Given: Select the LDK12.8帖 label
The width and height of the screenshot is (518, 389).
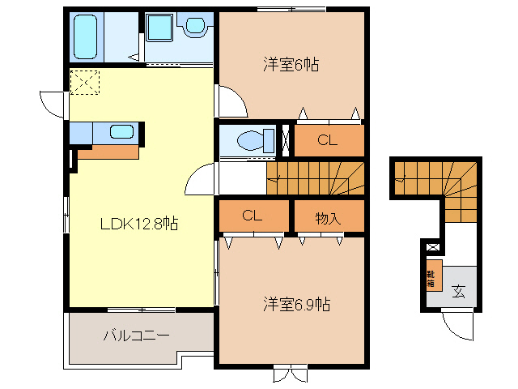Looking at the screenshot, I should (x=139, y=224).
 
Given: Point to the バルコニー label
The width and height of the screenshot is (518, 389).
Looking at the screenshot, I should (x=136, y=335).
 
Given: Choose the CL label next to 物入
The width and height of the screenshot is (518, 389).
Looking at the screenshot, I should (x=253, y=216).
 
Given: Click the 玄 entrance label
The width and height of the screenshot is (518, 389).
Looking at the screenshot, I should (x=459, y=290).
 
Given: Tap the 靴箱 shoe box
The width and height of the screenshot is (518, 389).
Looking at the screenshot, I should (x=431, y=278).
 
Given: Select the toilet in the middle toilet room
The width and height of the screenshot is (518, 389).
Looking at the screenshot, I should (x=257, y=139).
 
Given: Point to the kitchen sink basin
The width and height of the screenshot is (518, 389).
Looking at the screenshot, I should (x=121, y=132).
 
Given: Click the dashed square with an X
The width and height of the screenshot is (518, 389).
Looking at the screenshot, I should (x=83, y=82).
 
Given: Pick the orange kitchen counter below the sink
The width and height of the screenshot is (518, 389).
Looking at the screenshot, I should (x=108, y=151).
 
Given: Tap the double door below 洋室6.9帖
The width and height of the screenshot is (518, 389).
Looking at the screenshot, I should (x=290, y=374).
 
